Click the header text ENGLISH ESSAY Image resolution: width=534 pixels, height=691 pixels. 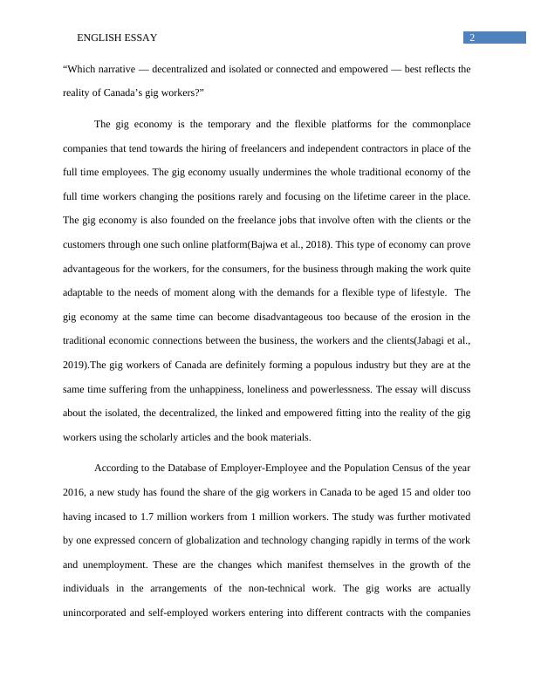(x=116, y=38)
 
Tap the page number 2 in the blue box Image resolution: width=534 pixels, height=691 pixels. (x=472, y=38)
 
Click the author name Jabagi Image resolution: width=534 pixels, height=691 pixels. (x=423, y=339)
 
